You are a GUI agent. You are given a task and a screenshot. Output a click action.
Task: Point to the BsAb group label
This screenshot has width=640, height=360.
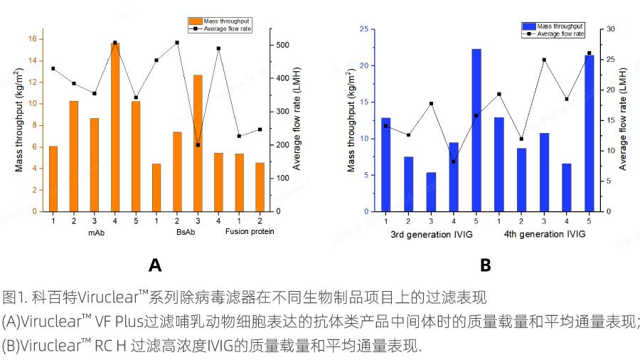(x=186, y=232)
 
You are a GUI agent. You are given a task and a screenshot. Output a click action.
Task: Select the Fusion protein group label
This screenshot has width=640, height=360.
(x=250, y=232)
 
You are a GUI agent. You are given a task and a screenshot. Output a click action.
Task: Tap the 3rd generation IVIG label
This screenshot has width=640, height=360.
(x=431, y=234)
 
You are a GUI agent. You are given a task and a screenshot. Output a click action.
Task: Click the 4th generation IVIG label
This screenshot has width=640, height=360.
(x=545, y=234)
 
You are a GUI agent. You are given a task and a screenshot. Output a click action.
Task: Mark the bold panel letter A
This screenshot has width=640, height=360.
(x=155, y=266)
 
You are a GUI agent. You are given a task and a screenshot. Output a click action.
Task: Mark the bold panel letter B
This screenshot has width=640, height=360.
(x=486, y=266)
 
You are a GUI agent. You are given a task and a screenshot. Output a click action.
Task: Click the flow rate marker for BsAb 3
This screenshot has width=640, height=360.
(x=198, y=145)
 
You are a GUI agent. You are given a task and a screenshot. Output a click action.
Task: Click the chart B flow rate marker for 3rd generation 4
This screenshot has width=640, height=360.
(x=454, y=162)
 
